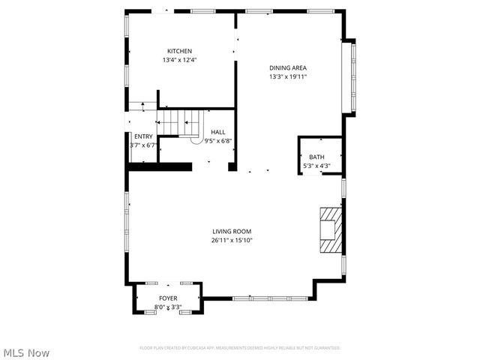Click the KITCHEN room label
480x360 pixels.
(x=179, y=51)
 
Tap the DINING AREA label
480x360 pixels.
(x=289, y=67)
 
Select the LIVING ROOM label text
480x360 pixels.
(x=232, y=232)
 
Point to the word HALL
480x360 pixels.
(x=217, y=132)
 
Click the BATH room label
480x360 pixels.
(x=316, y=157)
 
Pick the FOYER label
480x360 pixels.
(x=168, y=298)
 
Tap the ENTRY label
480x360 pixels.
(x=143, y=136)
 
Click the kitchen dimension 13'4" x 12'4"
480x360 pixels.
(x=179, y=60)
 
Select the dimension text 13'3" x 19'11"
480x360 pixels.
(x=289, y=76)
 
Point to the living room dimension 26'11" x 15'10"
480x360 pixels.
(x=232, y=241)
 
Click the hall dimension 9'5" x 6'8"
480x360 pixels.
(x=217, y=141)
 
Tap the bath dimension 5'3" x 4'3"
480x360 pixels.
(x=316, y=166)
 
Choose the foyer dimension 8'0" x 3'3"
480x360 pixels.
(x=168, y=307)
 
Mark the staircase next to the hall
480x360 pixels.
(x=181, y=122)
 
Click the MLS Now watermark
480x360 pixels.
(x=27, y=352)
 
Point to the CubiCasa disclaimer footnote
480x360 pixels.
(x=240, y=348)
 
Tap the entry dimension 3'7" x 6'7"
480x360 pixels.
(x=142, y=145)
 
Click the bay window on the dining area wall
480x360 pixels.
(x=349, y=76)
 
